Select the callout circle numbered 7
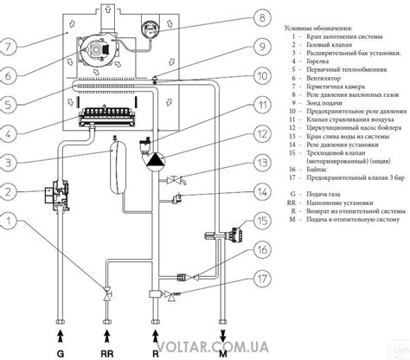coord(10,45)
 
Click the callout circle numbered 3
coord(10,162)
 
